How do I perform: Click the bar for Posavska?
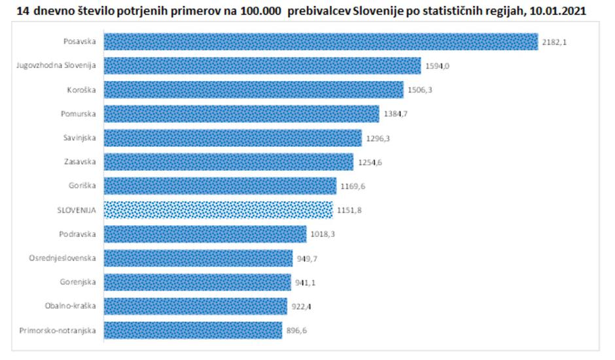click(321, 42)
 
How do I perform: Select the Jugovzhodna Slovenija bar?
click(262, 66)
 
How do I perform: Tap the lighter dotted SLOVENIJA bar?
click(218, 210)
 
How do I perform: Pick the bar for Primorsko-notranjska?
click(193, 330)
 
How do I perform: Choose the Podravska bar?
click(205, 234)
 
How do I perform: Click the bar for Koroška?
click(253, 90)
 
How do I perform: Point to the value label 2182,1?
click(553, 43)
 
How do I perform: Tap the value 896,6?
click(296, 331)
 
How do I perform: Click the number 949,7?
click(306, 259)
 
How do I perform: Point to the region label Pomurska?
click(79, 114)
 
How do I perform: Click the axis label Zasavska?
click(80, 162)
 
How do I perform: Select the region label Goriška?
click(82, 186)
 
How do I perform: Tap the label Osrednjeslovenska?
click(63, 258)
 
